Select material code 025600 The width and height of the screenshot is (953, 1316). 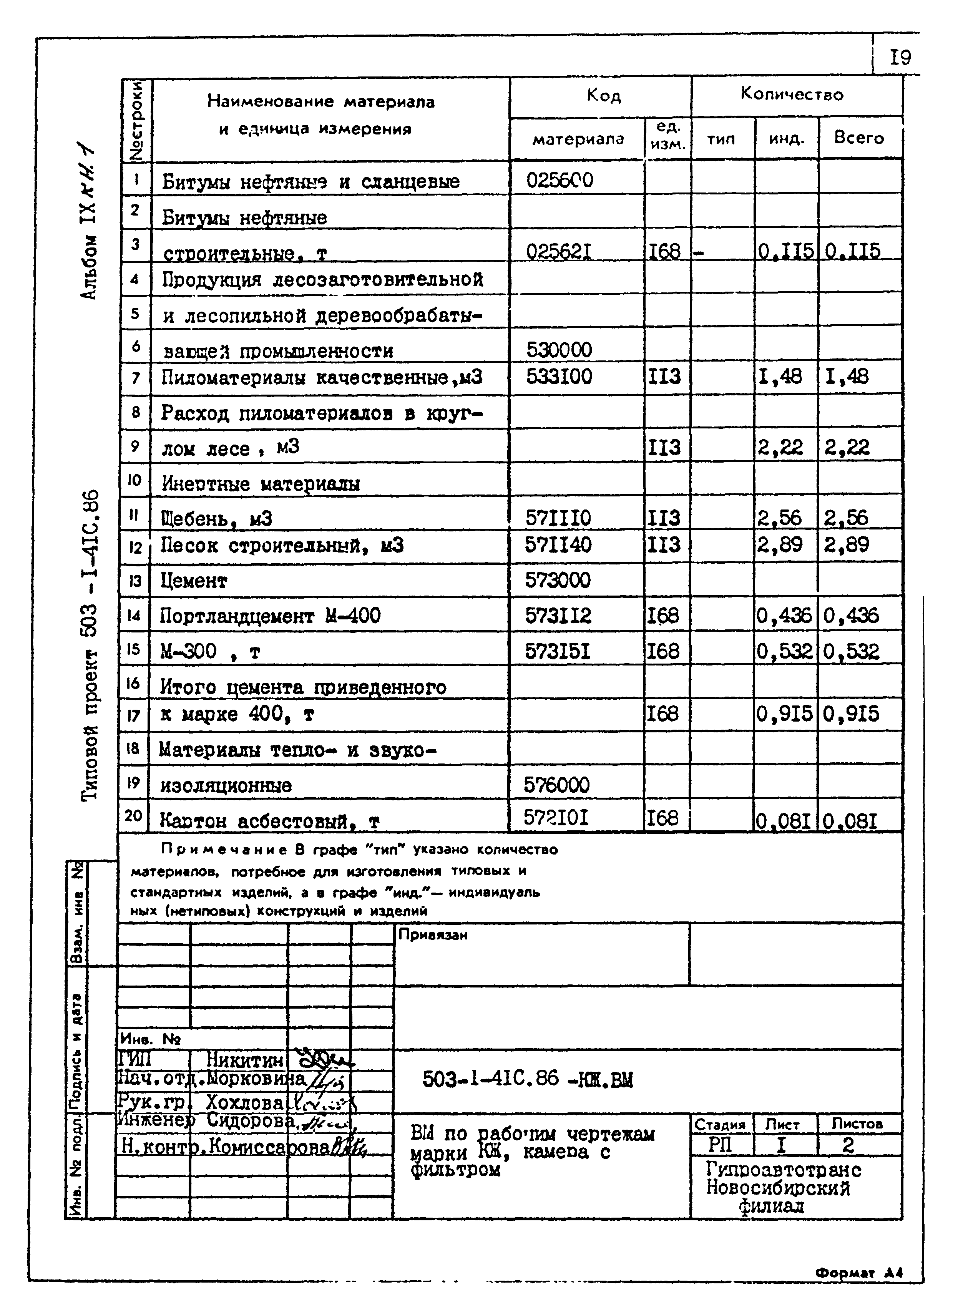[x=560, y=181]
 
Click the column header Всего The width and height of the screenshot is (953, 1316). [x=858, y=138]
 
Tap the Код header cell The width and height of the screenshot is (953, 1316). [x=604, y=95]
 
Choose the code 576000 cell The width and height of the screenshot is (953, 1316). [x=556, y=785]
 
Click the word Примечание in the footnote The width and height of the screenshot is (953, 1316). [x=223, y=850]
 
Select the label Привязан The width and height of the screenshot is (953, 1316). [x=433, y=935]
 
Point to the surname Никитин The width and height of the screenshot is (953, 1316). [x=244, y=1060]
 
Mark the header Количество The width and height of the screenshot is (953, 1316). [x=791, y=95]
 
